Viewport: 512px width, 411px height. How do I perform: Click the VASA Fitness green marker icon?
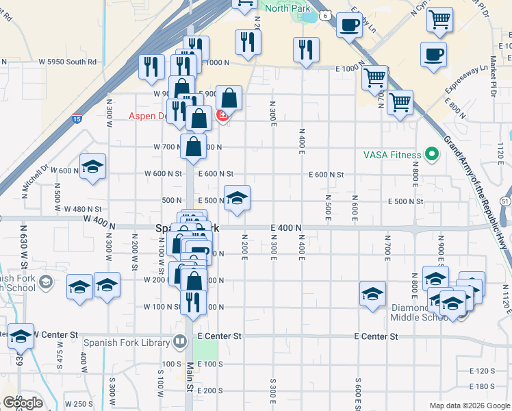[x=431, y=154]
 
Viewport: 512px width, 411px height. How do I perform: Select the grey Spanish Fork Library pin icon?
[x=180, y=340]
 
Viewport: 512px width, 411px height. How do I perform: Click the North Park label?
[x=287, y=8]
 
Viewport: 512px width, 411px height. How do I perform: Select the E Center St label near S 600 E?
[x=376, y=336]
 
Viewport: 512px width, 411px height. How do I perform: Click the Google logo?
[x=23, y=402]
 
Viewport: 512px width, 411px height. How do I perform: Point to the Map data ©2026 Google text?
[x=469, y=406]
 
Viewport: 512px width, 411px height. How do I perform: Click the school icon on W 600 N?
[x=92, y=166]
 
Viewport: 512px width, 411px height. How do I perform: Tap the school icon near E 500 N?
[x=237, y=198]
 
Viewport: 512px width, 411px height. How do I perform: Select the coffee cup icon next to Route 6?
[x=350, y=25]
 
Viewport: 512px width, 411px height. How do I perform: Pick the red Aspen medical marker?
[x=222, y=117]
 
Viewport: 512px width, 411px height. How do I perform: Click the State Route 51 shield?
[x=505, y=200]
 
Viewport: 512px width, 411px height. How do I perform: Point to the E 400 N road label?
[x=286, y=227]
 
